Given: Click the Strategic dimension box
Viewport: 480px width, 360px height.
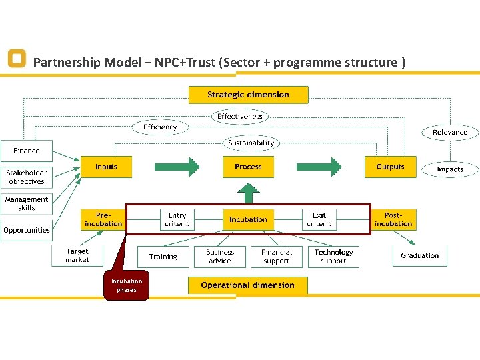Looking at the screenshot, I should [248, 95].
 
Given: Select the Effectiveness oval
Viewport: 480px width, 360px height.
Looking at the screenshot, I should [240, 116].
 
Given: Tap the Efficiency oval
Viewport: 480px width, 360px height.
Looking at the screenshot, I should [160, 127].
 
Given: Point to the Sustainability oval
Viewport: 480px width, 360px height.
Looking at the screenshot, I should [251, 143].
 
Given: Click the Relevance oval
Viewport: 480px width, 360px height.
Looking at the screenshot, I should [450, 132].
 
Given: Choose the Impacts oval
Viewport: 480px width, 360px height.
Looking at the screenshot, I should [450, 169].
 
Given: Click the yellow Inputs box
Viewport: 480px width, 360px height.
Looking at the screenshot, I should [106, 167].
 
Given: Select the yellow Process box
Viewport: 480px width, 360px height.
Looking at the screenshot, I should [248, 167].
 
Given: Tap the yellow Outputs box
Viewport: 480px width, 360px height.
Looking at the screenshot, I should [390, 167].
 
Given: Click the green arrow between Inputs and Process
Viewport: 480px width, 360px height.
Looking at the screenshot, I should [177, 167].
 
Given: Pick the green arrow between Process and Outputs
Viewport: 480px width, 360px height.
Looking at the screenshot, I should [319, 167].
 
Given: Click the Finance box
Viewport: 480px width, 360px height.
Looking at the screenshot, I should [27, 151].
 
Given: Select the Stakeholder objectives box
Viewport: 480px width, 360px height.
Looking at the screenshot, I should [26, 177].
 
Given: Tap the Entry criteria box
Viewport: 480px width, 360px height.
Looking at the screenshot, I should [177, 219].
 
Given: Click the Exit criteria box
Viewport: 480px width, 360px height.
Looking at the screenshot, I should [319, 219].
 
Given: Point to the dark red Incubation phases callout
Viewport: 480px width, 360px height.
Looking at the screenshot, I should [127, 286].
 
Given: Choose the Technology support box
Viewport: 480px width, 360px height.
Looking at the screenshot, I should [333, 257].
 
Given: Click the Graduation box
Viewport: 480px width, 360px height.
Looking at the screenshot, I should [420, 256].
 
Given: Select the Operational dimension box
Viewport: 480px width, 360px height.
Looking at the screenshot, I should [247, 285].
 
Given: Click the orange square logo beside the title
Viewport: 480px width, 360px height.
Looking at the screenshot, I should [17, 59].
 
